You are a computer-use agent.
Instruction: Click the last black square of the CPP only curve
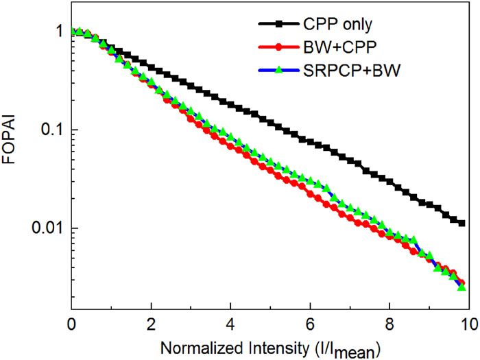click(x=461, y=223)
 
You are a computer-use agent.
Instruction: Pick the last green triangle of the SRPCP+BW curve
click(x=461, y=287)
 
